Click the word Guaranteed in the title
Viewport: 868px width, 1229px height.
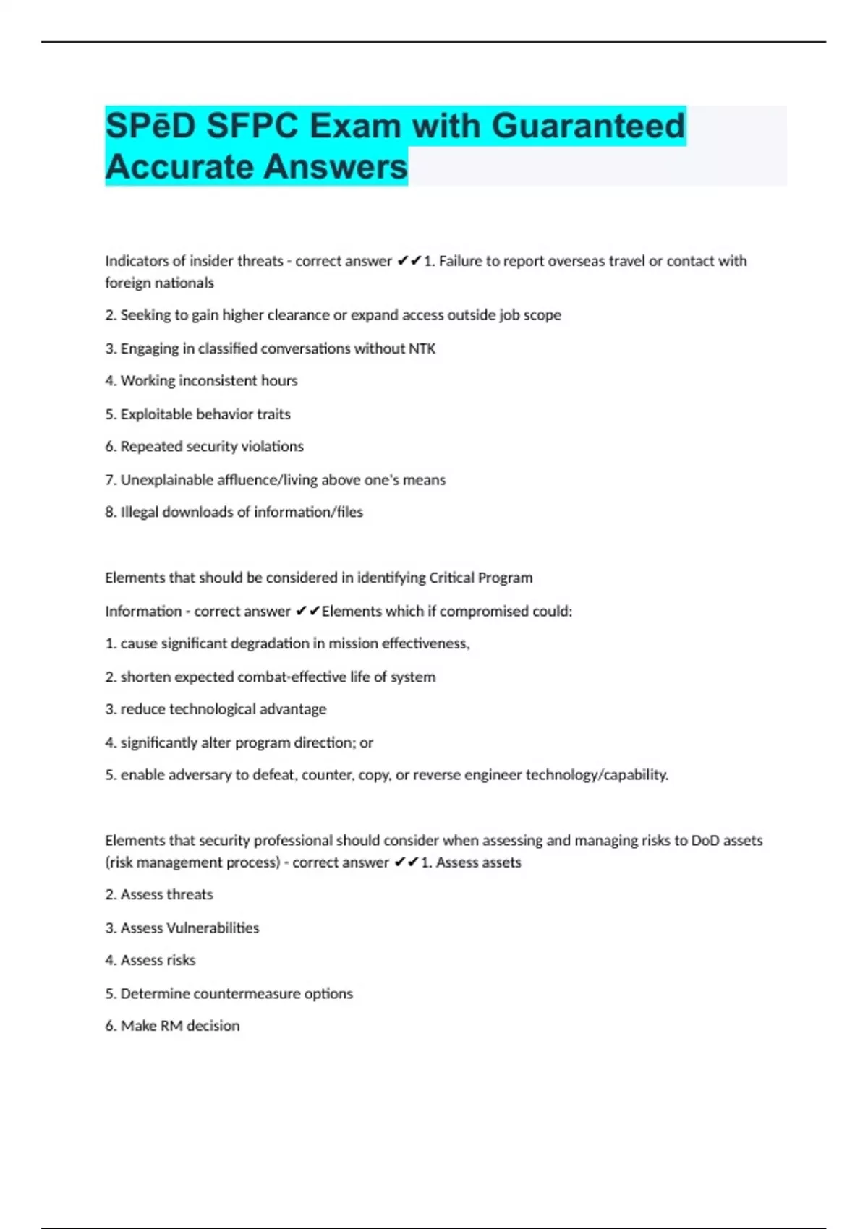point(588,126)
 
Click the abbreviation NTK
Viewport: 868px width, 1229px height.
point(422,348)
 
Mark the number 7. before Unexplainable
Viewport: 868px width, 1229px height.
point(111,480)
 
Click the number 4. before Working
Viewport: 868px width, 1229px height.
point(111,381)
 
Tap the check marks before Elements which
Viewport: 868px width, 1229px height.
point(307,611)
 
